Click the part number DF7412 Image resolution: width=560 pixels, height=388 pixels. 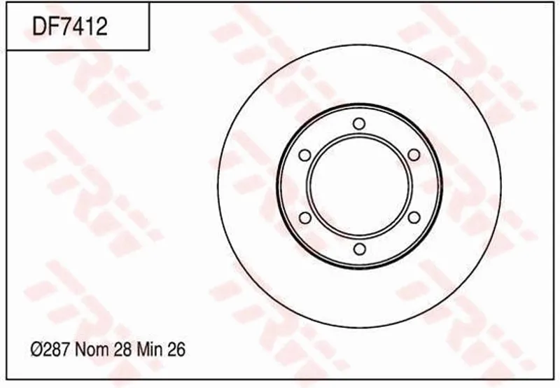point(70,27)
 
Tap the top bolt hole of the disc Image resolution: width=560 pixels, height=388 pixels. point(359,124)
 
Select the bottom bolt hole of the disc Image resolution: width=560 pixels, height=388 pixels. point(359,249)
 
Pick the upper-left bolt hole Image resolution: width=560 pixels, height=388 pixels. point(304,155)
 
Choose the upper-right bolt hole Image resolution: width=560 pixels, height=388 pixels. point(414,155)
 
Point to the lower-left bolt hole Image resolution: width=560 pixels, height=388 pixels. point(304,217)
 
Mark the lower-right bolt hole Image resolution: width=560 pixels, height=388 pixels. point(414,217)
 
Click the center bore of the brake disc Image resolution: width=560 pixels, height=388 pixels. point(359,186)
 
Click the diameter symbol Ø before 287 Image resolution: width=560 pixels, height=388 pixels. point(38,349)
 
